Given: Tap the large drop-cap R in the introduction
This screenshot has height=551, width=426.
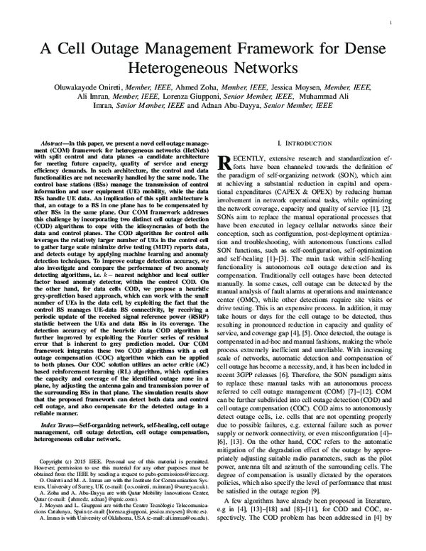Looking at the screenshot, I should pos(231,165).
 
